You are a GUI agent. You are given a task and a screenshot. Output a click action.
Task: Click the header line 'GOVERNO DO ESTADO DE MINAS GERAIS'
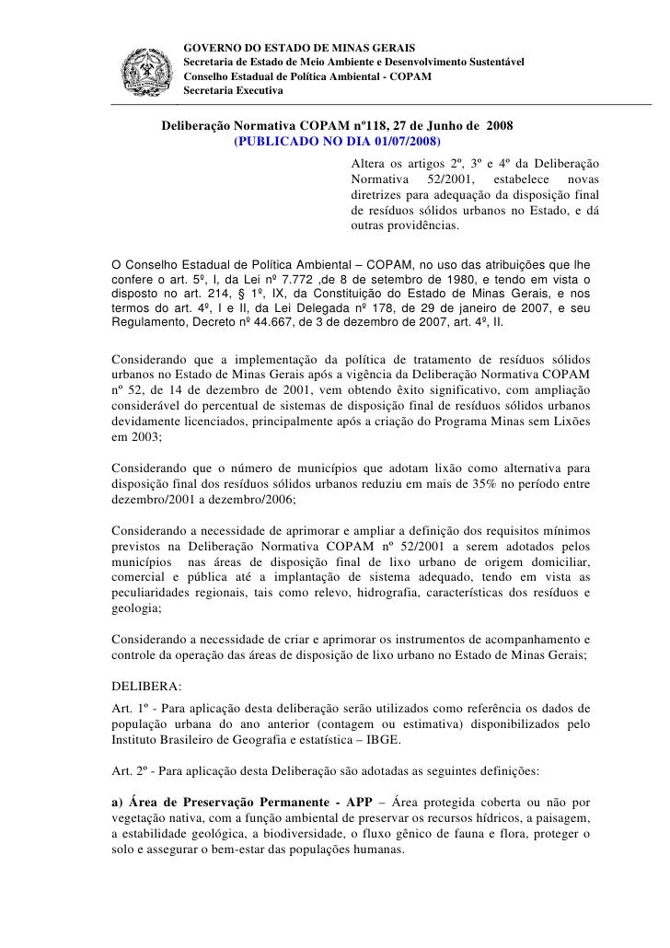[x=299, y=46]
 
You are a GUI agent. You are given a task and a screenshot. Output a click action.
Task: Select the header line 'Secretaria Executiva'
[x=235, y=90]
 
